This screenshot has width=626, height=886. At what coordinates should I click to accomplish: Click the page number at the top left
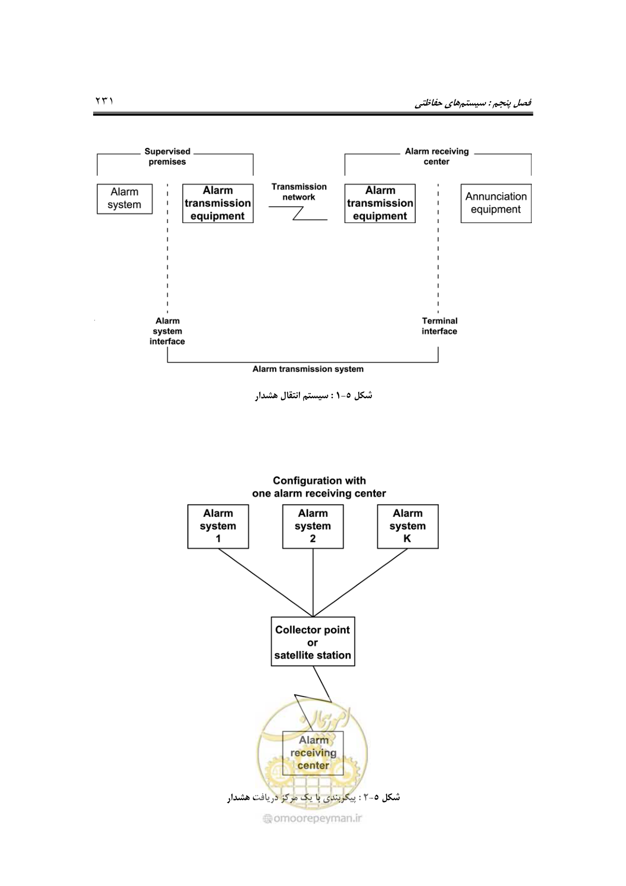point(104,101)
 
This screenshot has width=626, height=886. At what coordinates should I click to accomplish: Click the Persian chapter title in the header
point(473,103)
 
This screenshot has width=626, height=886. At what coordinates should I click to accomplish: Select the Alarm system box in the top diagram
point(125,199)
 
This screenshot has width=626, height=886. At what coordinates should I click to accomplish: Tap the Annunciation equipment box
point(496,203)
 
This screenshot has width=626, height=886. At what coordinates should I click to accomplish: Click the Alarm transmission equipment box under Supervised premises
point(218,203)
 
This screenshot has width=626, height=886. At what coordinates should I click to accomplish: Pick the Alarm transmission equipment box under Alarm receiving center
point(380,203)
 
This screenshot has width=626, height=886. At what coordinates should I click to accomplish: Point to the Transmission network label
point(299,192)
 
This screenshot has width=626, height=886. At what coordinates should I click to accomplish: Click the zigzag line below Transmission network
point(298,213)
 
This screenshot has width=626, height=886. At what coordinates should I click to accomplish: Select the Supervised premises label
point(167,157)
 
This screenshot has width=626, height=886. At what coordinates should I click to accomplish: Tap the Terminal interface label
point(439,326)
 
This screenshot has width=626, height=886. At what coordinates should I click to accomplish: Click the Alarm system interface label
point(167,331)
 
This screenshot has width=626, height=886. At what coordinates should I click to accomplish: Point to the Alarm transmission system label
point(308,369)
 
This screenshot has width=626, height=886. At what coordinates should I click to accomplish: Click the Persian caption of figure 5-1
point(314,395)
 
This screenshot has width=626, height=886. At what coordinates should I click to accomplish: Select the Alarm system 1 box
point(218,527)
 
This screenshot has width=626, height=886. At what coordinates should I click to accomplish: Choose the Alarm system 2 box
point(313,527)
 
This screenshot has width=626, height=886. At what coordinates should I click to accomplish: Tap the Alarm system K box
point(408,527)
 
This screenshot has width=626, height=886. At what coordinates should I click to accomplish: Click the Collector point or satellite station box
point(313,641)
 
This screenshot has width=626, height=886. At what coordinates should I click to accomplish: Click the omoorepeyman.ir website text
point(313,819)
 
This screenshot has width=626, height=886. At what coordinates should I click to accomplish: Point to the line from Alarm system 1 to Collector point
point(265,582)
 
